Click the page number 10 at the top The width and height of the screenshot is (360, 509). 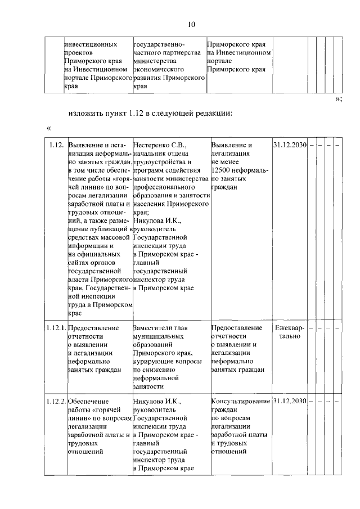[191, 24]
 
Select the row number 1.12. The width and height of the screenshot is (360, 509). [55, 145]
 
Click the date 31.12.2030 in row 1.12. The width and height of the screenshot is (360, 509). [289, 145]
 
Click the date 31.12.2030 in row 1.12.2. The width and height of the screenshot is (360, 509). [289, 401]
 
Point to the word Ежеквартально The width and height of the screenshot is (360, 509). [289, 332]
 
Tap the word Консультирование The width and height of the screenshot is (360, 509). [240, 401]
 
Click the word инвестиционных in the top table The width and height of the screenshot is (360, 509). [91, 44]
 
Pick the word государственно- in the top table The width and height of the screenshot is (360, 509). [162, 44]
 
